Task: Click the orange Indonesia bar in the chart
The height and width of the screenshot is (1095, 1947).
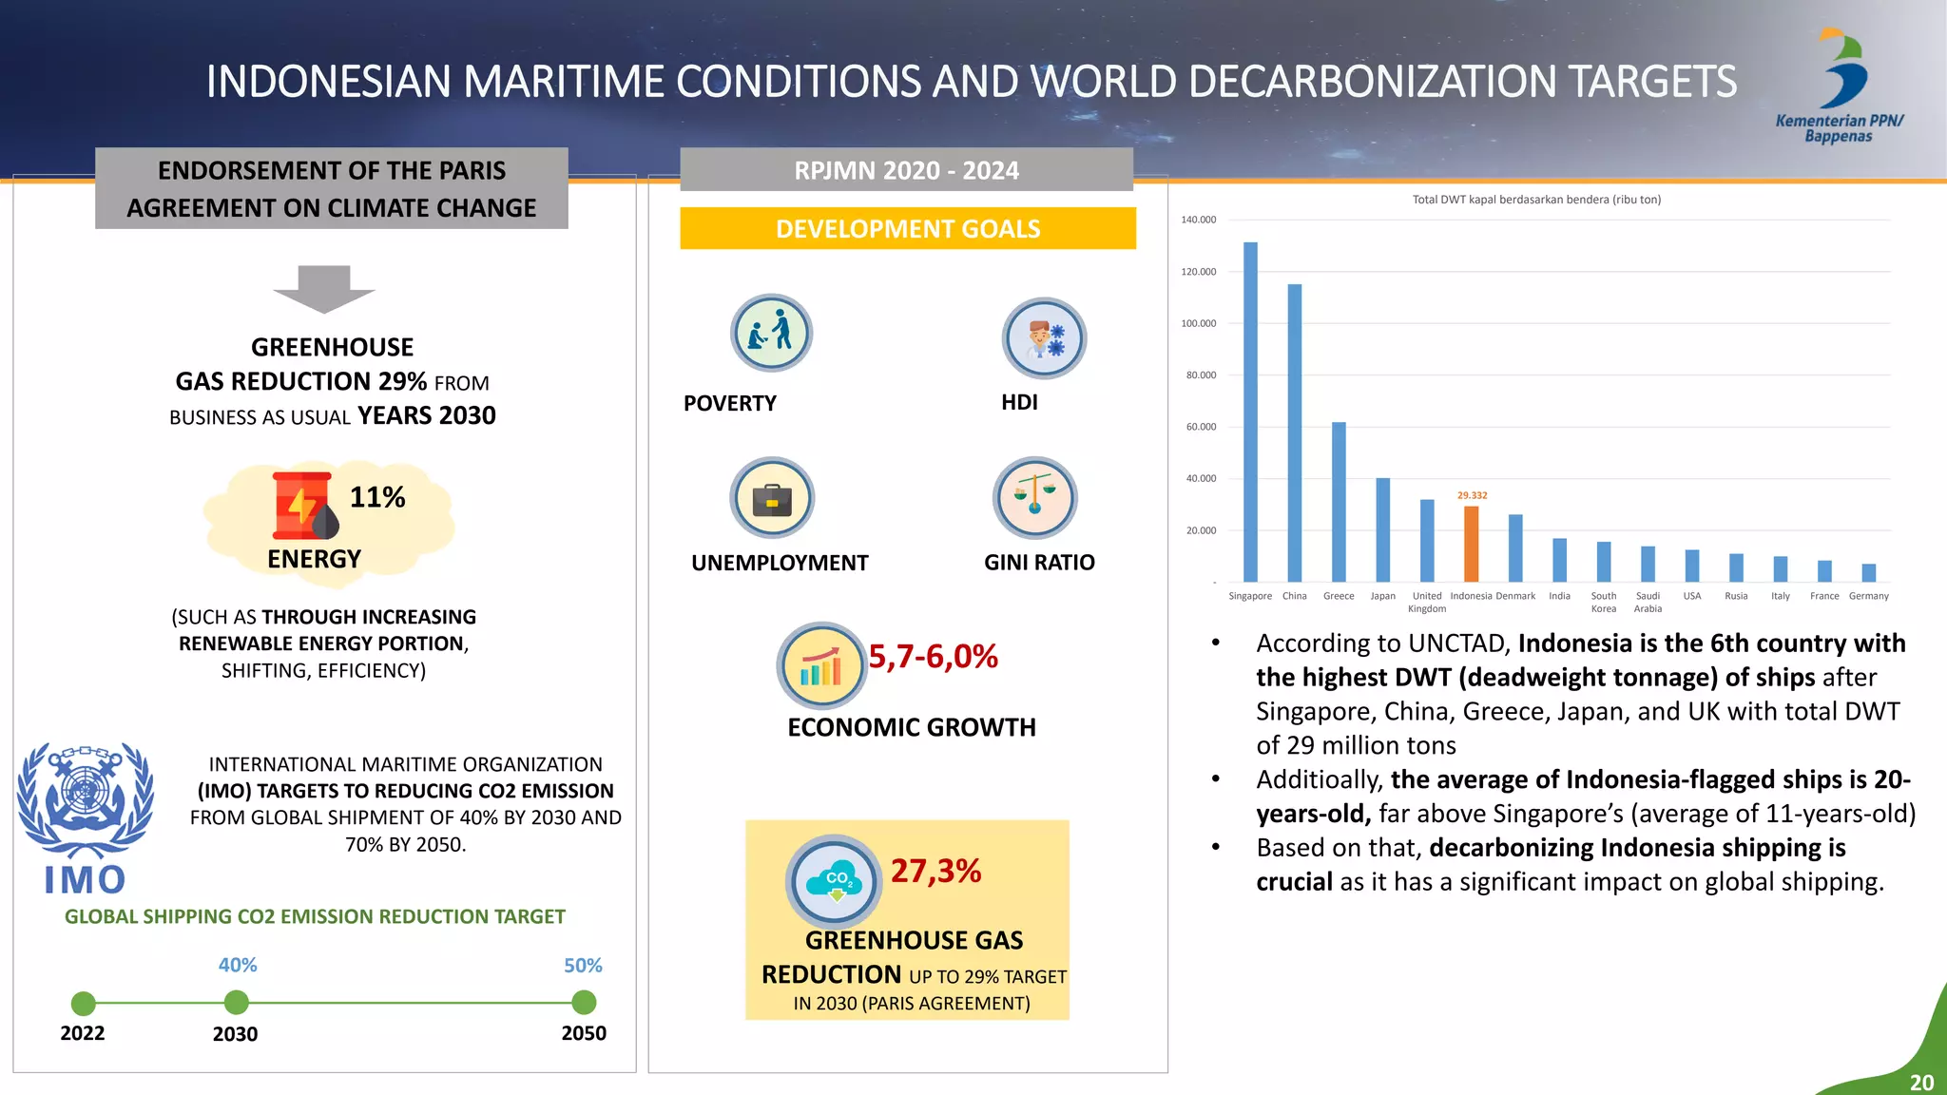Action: pyautogui.click(x=1471, y=544)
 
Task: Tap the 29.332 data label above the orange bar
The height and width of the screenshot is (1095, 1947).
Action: pyautogui.click(x=1472, y=495)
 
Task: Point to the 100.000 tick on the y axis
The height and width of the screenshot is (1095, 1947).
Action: pyautogui.click(x=1199, y=323)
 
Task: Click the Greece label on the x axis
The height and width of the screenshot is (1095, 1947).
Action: pyautogui.click(x=1339, y=596)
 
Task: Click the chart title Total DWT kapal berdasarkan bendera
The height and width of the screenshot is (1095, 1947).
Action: pyautogui.click(x=1536, y=200)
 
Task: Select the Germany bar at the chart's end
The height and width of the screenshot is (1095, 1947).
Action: pyautogui.click(x=1868, y=572)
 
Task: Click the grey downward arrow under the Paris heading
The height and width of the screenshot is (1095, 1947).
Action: pyautogui.click(x=324, y=289)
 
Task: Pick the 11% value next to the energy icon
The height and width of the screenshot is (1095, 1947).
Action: pyautogui.click(x=377, y=497)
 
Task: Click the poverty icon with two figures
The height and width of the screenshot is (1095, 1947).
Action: pyautogui.click(x=771, y=333)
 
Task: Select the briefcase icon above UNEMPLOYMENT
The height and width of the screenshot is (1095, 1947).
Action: pyautogui.click(x=772, y=498)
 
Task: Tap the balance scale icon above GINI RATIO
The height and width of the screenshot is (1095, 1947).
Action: pyautogui.click(x=1034, y=498)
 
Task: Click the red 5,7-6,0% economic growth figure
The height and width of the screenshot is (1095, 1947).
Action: pyautogui.click(x=933, y=657)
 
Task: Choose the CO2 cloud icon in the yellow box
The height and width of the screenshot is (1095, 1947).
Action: pyautogui.click(x=834, y=882)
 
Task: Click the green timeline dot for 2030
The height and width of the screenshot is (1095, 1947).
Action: pyautogui.click(x=236, y=1002)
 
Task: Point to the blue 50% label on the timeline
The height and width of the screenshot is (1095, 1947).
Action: pyautogui.click(x=583, y=966)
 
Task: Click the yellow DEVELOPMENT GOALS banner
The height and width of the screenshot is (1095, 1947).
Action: pyautogui.click(x=908, y=229)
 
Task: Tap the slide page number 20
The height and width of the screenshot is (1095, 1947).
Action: pyautogui.click(x=1921, y=1083)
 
